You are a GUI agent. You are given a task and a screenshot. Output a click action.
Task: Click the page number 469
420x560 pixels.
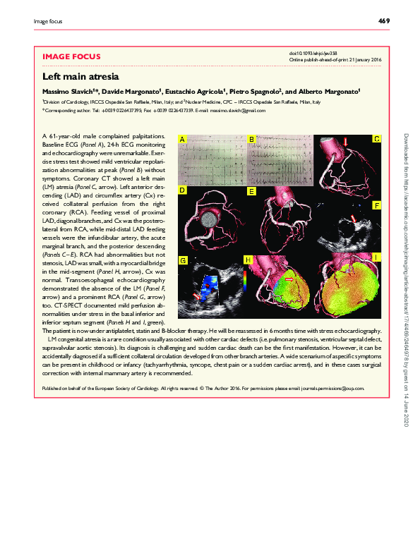(x=384, y=21)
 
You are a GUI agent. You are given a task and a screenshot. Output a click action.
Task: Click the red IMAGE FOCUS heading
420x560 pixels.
(x=72, y=56)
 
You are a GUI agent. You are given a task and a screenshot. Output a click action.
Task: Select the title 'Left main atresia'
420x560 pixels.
(x=80, y=76)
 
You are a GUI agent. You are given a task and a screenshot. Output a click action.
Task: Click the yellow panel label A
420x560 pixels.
(x=183, y=140)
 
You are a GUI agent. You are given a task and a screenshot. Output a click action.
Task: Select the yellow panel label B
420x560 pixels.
(x=251, y=140)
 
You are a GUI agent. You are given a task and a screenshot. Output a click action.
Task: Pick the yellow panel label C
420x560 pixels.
(x=377, y=139)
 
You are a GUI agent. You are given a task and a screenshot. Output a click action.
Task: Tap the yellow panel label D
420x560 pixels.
(x=183, y=191)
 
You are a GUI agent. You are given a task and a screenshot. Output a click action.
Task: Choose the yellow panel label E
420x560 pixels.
(x=251, y=191)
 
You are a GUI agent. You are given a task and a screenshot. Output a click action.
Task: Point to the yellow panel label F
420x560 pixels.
(x=377, y=205)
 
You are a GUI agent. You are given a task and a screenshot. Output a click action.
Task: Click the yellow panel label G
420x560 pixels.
(x=183, y=260)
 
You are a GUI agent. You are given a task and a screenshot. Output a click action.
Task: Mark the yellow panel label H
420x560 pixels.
(x=248, y=260)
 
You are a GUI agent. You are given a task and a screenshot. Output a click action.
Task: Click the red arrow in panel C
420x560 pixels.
(x=346, y=143)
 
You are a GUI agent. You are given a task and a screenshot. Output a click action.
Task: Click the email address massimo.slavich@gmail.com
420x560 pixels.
(x=241, y=111)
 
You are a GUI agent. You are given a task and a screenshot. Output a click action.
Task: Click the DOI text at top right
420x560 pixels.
(x=314, y=54)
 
